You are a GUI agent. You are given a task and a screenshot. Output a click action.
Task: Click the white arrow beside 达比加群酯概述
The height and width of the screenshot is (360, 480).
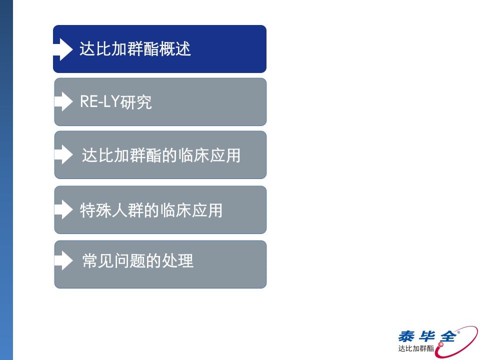pos(63,49)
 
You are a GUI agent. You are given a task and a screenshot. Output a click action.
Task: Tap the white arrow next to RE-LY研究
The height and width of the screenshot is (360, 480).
pos(63,101)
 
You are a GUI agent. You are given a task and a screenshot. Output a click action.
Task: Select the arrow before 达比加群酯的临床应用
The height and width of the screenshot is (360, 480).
pos(63,155)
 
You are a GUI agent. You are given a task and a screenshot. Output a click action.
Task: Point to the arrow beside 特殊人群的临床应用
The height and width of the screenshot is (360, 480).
pos(63,209)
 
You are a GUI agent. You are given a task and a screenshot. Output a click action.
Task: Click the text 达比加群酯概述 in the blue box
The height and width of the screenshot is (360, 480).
pos(135,49)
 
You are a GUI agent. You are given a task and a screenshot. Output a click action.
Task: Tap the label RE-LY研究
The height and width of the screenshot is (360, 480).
pos(115,102)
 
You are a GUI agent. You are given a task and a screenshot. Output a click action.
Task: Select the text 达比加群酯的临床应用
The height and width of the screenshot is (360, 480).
pos(161,155)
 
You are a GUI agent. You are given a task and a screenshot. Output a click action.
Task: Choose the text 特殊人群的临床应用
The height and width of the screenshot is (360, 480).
pos(151,210)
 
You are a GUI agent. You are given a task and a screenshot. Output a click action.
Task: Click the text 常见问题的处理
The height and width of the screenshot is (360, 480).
pos(137,261)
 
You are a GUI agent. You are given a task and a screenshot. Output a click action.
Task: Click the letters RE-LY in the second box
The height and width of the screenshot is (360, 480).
pos(98,102)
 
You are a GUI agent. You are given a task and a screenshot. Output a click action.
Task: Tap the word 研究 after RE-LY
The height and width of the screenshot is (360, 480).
pos(139,102)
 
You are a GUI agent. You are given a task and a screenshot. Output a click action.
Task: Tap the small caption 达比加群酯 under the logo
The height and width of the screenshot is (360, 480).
pos(416,348)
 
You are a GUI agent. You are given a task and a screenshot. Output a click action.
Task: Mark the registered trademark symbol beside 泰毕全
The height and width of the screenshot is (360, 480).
pos(459,330)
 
